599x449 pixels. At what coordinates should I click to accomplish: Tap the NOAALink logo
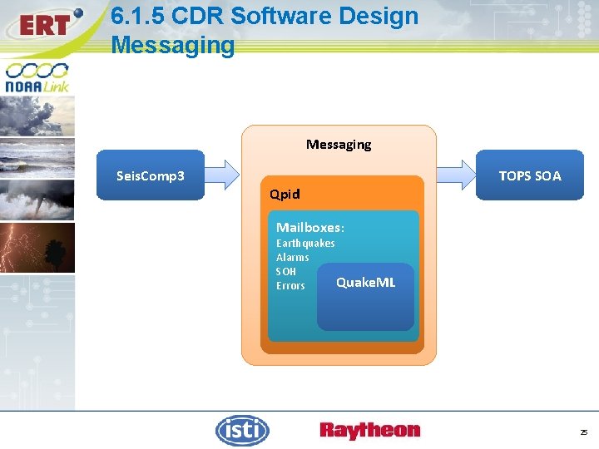37,77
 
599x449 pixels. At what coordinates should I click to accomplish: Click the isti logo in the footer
242,430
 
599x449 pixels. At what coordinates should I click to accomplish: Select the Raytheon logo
369,430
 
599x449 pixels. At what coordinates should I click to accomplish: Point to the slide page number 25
583,432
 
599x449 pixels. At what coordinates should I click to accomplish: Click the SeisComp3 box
151,175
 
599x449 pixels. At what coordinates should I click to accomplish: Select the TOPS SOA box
529,175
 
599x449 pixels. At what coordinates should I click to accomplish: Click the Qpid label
285,195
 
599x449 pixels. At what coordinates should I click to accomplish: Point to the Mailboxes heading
309,227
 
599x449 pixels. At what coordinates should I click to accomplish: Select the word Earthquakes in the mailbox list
305,243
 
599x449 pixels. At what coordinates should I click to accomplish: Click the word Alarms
292,257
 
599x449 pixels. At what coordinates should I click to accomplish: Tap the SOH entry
285,271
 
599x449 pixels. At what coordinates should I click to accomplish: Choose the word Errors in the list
290,285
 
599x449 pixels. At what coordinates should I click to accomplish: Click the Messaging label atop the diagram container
339,144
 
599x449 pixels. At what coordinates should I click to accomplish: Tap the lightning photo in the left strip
37,247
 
